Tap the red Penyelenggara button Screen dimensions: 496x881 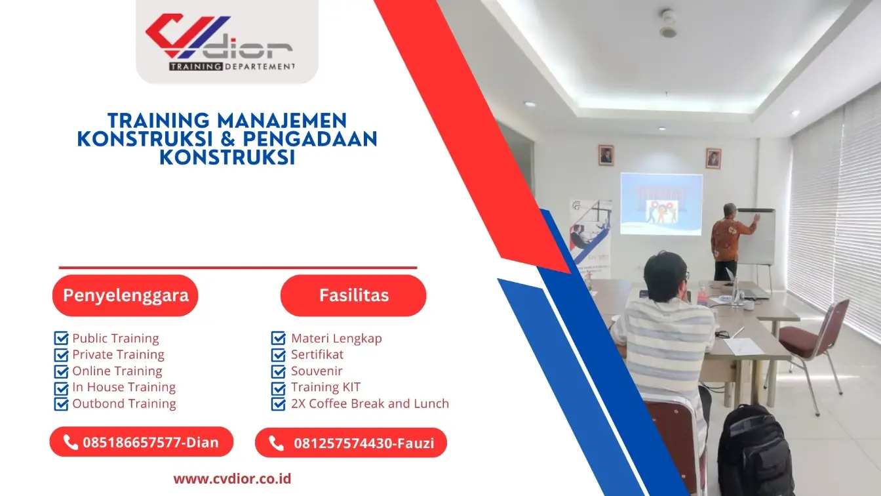click(125, 295)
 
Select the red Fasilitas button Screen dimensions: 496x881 click(353, 295)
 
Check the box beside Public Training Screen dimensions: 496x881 click(61, 339)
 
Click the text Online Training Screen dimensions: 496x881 click(117, 371)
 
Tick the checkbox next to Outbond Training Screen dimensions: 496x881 click(61, 404)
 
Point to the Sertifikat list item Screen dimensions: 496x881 click(317, 354)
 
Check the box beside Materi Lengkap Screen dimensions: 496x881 click(279, 339)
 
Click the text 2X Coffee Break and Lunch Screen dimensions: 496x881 click(370, 403)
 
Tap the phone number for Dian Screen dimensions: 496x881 click(150, 442)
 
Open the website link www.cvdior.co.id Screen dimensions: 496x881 click(232, 478)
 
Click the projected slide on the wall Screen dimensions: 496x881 click(661, 204)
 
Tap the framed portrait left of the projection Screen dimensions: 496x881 click(606, 155)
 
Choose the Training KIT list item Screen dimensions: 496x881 click(326, 387)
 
